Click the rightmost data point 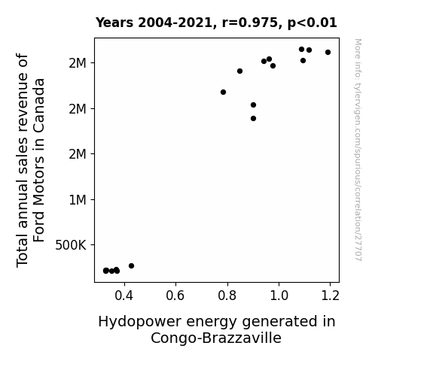click(x=328, y=52)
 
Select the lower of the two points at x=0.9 click(x=253, y=118)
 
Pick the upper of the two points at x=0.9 click(x=253, y=105)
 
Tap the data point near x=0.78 click(x=223, y=92)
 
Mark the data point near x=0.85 click(x=239, y=71)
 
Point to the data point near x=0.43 click(x=132, y=265)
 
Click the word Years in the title click(x=114, y=23)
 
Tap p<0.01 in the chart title click(x=313, y=23)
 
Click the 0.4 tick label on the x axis click(x=124, y=296)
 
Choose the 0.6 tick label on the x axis click(x=175, y=296)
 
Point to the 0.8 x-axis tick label click(x=227, y=296)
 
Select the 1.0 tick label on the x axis click(x=279, y=296)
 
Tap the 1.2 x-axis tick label click(x=331, y=296)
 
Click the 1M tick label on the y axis click(x=78, y=200)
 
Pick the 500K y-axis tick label click(x=71, y=245)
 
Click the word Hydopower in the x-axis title click(x=140, y=322)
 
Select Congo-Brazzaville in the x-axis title click(x=216, y=338)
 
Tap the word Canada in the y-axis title click(x=39, y=105)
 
